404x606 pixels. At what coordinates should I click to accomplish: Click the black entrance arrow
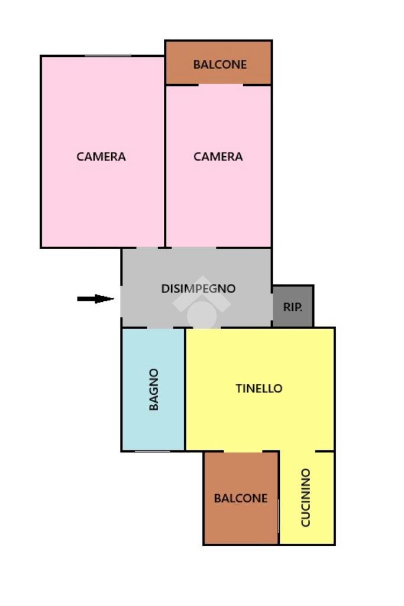[95, 299]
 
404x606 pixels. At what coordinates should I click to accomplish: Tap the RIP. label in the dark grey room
[293, 307]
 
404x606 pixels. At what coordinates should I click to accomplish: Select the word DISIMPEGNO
[198, 289]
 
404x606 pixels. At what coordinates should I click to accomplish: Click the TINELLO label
[259, 389]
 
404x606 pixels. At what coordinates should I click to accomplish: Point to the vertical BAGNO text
[154, 389]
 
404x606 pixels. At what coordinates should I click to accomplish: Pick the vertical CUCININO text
[306, 498]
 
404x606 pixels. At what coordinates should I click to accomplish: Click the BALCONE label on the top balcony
[220, 65]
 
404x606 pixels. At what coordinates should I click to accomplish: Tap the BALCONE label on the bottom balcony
[241, 498]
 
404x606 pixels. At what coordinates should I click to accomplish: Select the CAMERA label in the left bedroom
[101, 157]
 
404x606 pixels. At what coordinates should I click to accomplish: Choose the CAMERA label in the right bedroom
[218, 157]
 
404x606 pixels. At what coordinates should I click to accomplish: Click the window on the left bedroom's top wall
[108, 56]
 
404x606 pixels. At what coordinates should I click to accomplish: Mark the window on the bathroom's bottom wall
[153, 452]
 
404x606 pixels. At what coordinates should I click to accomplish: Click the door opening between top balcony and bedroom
[221, 85]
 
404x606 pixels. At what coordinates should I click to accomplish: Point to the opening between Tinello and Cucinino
[298, 452]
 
